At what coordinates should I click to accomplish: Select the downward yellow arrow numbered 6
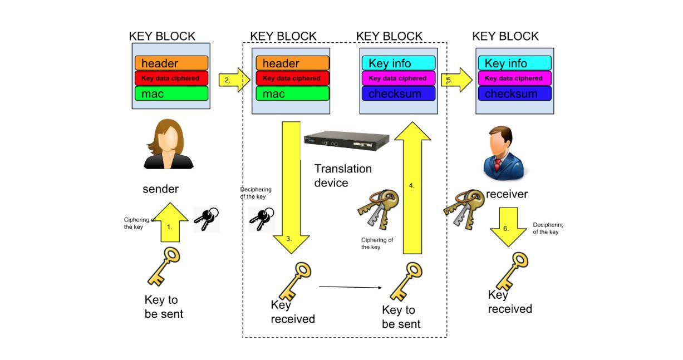[x=508, y=226]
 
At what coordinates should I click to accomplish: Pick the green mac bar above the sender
[x=170, y=93]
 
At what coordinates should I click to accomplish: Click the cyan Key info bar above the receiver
[x=513, y=63]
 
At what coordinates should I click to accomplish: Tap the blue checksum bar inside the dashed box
[x=398, y=93]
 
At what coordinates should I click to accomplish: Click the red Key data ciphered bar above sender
[x=170, y=78]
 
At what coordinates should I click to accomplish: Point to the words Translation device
[x=343, y=175]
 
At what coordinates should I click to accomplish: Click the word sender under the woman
[x=161, y=189]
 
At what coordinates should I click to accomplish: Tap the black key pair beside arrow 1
[x=206, y=219]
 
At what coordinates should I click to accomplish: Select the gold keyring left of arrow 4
[x=379, y=208]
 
